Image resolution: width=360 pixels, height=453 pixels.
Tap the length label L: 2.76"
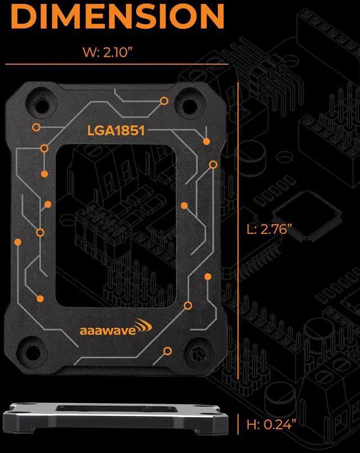pos(270,229)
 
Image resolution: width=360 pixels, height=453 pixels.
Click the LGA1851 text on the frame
pos(116,131)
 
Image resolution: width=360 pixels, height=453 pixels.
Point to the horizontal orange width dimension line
pos(116,65)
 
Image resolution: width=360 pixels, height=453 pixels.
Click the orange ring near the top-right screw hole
pos(164,101)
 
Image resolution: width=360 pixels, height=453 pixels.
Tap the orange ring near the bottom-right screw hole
pos(167,351)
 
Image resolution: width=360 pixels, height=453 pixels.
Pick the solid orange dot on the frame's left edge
pos(17,242)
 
